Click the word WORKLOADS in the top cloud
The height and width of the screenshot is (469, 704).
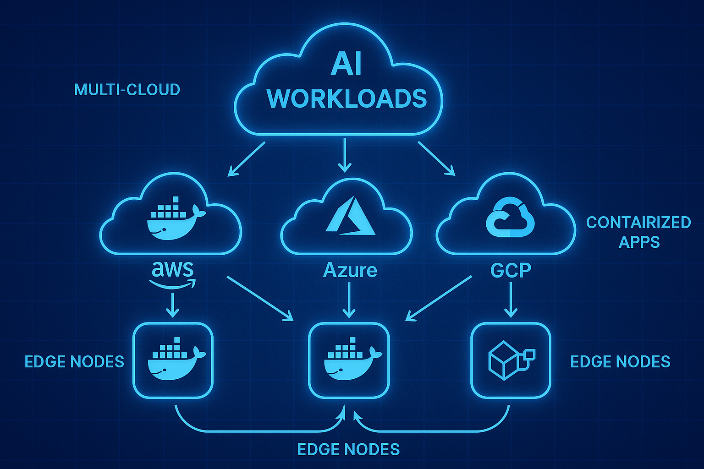click(x=346, y=98)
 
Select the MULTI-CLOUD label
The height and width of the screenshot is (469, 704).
click(x=127, y=90)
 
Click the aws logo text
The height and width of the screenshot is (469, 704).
click(x=173, y=270)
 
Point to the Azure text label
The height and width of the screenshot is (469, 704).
click(x=350, y=270)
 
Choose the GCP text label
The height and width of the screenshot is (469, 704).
click(x=511, y=270)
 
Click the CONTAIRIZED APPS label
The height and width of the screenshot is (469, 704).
click(x=638, y=232)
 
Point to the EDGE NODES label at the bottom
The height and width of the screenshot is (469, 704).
click(x=348, y=449)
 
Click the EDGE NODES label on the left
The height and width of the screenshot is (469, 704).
click(x=74, y=362)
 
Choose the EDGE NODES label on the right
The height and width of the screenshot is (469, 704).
click(x=620, y=362)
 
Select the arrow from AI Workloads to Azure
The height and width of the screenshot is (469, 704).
click(x=344, y=155)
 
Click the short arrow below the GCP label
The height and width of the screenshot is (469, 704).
click(x=511, y=300)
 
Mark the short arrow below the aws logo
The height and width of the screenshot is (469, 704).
click(x=172, y=305)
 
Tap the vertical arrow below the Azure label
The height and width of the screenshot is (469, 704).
click(x=349, y=300)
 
